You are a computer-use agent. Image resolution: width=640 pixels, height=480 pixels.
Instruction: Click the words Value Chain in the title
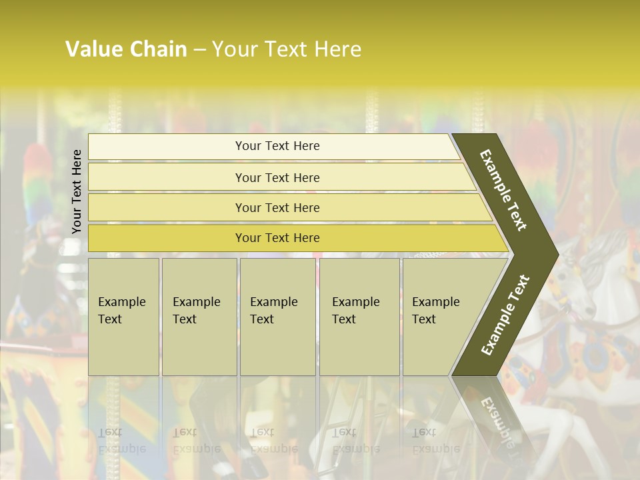point(126,49)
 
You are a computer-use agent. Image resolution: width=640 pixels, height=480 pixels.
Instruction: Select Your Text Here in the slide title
point(287,49)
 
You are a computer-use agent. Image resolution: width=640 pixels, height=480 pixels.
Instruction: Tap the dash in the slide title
point(199,50)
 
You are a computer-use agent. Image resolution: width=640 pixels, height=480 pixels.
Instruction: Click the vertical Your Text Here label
point(77,191)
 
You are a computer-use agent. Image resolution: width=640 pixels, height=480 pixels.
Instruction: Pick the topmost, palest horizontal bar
point(277,146)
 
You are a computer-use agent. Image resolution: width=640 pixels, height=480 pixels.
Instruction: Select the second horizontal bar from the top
point(277,177)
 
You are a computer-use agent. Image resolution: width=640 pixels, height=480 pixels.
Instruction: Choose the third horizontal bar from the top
point(277,207)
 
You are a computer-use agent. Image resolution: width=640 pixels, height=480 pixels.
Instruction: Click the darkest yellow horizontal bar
point(277,238)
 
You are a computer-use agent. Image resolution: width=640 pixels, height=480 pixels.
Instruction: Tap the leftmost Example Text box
point(123,317)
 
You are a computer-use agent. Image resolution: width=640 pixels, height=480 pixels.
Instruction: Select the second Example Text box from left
point(199,317)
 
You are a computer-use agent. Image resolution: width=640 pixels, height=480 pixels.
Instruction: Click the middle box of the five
point(277,317)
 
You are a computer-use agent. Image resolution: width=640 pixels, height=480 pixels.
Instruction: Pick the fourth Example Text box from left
point(359,317)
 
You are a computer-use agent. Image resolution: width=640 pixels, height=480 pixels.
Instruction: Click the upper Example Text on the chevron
point(504,190)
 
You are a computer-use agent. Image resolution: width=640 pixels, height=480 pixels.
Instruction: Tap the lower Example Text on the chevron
point(505,315)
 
